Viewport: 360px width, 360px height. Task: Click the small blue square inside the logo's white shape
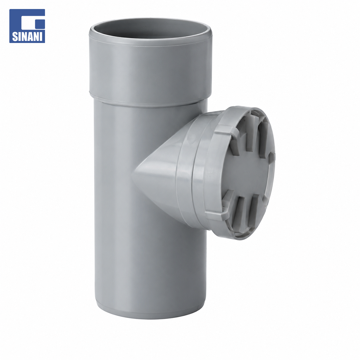(40, 23)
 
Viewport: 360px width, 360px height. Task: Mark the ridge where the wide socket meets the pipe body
(149, 101)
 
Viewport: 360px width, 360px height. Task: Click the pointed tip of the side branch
(133, 174)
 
